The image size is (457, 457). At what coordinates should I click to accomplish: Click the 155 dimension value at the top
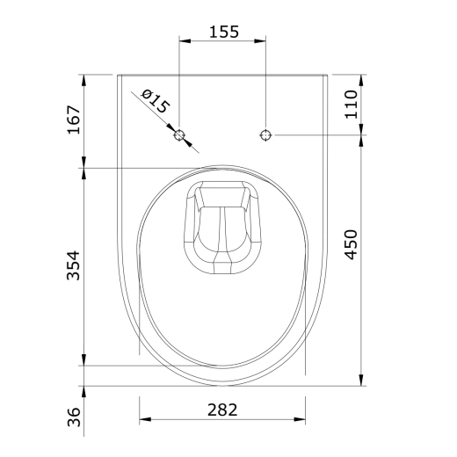224,32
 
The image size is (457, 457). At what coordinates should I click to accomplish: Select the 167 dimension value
74,120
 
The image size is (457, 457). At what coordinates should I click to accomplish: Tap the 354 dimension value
74,265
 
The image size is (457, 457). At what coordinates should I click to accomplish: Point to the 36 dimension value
74,417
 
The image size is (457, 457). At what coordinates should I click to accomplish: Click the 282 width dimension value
222,410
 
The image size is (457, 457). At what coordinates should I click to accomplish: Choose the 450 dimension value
351,244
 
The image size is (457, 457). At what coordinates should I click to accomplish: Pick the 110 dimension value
351,105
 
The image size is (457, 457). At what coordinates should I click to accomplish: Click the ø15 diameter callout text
156,101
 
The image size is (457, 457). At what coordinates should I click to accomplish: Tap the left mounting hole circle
179,135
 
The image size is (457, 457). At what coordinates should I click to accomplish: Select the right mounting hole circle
265,135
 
